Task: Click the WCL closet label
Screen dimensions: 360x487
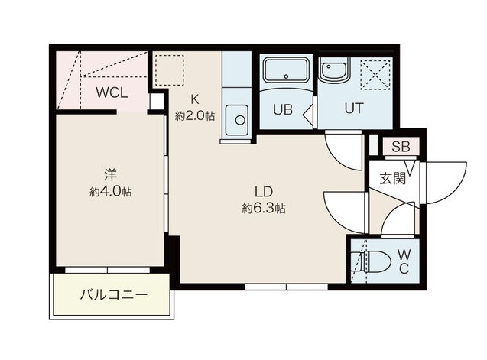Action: [112, 94]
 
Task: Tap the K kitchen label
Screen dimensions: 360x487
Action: [194, 99]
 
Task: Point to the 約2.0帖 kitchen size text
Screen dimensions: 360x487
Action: [194, 115]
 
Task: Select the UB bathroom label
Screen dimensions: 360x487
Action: [283, 109]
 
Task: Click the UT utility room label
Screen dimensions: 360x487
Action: [352, 108]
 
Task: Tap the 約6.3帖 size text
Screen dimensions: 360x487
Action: [264, 208]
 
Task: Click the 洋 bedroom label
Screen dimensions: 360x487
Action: [110, 174]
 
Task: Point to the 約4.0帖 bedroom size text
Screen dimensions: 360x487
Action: [110, 191]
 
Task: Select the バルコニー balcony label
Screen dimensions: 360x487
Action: [114, 295]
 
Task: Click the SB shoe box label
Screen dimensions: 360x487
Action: [401, 148]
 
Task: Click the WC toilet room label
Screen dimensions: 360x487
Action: [403, 261]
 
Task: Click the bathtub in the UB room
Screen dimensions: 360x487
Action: [285, 73]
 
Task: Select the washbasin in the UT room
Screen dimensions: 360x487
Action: [333, 73]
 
